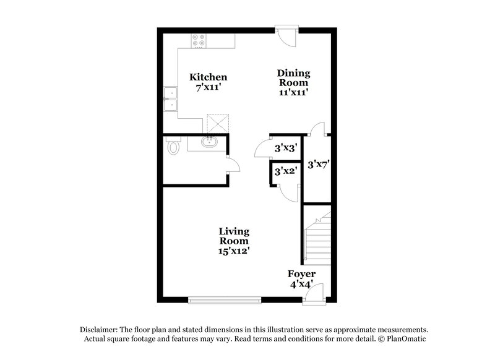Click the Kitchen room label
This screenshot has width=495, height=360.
pyautogui.click(x=208, y=77)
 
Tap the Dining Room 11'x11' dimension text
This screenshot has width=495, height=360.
pyautogui.click(x=293, y=92)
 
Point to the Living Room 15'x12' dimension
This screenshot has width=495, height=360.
pyautogui.click(x=234, y=251)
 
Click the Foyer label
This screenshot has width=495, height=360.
pyautogui.click(x=301, y=274)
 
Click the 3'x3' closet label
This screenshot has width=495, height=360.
pyautogui.click(x=286, y=148)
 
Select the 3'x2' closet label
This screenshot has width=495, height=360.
pyautogui.click(x=285, y=171)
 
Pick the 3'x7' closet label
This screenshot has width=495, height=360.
pyautogui.click(x=317, y=165)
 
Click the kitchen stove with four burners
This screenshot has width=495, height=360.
pyautogui.click(x=199, y=41)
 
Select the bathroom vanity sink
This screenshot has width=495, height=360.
pyautogui.click(x=210, y=142)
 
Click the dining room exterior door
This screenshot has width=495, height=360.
pyautogui.click(x=287, y=35)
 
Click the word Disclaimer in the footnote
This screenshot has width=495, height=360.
pyautogui.click(x=100, y=330)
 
